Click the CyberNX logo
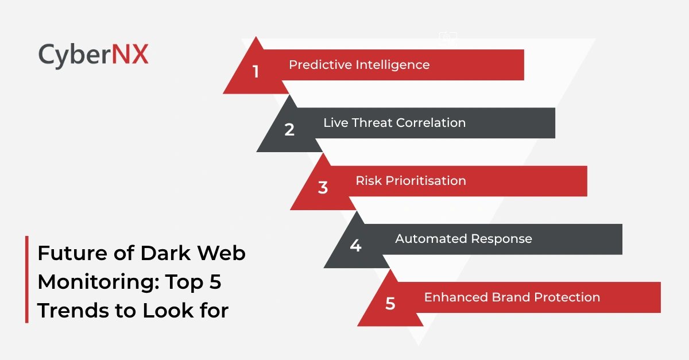[x=94, y=55]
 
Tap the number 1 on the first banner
[x=256, y=72]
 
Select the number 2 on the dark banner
[x=289, y=130]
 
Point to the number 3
[x=323, y=188]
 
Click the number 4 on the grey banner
[x=355, y=246]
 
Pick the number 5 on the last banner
[x=390, y=304]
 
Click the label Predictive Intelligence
[x=359, y=64]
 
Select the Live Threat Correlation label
[x=394, y=122]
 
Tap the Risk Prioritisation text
[x=411, y=180]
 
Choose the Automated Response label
[x=463, y=238]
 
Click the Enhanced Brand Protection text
[x=512, y=297]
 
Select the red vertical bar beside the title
[x=26, y=279]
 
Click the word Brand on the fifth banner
[x=509, y=297]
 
